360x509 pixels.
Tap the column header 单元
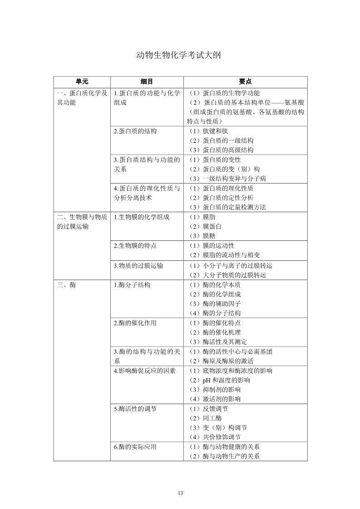tap(82, 82)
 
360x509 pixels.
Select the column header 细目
tap(147, 82)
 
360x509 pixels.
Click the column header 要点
tap(245, 82)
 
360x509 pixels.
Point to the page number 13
tap(180, 493)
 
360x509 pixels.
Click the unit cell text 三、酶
tap(67, 285)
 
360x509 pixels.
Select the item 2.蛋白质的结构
tap(135, 131)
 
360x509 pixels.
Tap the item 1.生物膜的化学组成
tap(141, 217)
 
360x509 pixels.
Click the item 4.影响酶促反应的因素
tap(144, 371)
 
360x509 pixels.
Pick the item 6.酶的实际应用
tap(135, 447)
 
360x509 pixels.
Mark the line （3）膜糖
tap(202, 236)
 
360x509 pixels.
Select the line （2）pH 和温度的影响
tap(220, 380)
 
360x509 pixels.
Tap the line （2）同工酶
tap(206, 418)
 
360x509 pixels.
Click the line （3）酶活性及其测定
tap(218, 342)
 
